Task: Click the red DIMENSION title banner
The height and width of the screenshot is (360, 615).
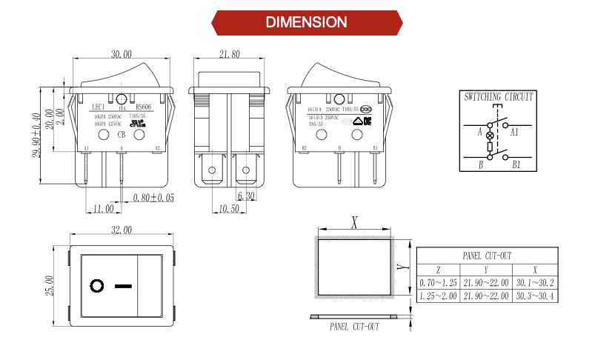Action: tap(306, 22)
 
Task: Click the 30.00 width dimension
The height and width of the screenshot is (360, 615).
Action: tap(122, 54)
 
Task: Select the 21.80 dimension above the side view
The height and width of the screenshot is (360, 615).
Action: tap(230, 54)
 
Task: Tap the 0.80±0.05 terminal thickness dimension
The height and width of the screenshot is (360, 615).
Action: tap(153, 198)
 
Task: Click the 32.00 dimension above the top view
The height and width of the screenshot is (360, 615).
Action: tap(122, 231)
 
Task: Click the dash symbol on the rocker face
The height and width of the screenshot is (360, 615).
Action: tap(123, 285)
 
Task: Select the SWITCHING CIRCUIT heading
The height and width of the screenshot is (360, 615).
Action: tap(498, 97)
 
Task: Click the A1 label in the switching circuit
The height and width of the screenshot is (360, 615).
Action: tap(514, 132)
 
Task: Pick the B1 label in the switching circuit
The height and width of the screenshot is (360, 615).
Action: tap(516, 164)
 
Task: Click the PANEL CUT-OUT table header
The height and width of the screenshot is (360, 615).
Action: tap(487, 256)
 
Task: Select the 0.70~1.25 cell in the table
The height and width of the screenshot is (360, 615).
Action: tap(437, 283)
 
